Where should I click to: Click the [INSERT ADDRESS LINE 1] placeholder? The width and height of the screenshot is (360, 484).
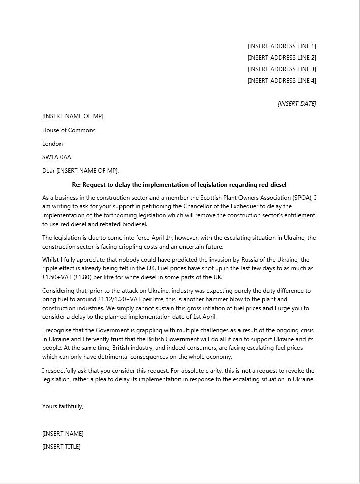(281, 46)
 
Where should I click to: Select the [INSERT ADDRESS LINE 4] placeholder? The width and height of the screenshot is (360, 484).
(281, 81)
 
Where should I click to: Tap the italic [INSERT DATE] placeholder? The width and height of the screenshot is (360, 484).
(296, 104)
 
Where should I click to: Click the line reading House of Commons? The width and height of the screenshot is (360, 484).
(69, 130)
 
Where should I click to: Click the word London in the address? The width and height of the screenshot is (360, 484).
(52, 144)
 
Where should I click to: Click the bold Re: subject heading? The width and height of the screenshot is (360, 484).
(179, 185)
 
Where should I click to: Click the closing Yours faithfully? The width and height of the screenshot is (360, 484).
(63, 406)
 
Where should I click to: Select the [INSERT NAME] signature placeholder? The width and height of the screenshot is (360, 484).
(63, 434)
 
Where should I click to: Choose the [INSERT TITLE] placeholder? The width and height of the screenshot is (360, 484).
(61, 447)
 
